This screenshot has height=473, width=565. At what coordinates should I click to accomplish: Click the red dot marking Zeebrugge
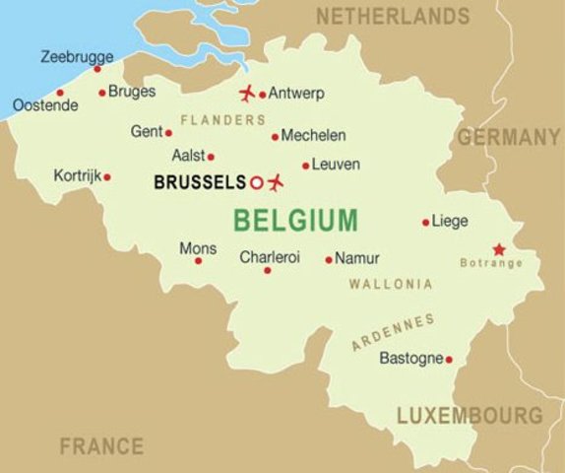(x=96, y=69)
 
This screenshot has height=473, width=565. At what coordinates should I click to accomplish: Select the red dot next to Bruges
(x=101, y=94)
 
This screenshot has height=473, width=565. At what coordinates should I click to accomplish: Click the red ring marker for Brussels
(x=256, y=182)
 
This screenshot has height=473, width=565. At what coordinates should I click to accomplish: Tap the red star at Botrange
(x=499, y=248)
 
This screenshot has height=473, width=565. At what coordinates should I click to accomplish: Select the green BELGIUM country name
(x=295, y=220)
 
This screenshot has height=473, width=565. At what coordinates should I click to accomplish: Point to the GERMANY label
(x=509, y=138)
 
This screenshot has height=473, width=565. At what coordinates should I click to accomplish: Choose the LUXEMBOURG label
(x=470, y=415)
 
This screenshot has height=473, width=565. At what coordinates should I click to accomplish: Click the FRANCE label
(x=101, y=445)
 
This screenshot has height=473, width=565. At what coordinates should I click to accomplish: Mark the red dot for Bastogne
(x=449, y=360)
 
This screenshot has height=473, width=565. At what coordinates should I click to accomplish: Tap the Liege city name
(x=450, y=222)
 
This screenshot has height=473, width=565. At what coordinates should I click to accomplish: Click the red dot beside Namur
(x=329, y=260)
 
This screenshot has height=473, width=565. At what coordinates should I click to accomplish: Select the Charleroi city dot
(x=267, y=270)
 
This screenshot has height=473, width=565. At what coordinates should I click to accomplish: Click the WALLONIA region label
(x=391, y=284)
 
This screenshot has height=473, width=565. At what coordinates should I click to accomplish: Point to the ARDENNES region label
(x=393, y=332)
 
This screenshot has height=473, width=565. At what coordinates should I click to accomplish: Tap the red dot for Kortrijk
(x=106, y=177)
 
